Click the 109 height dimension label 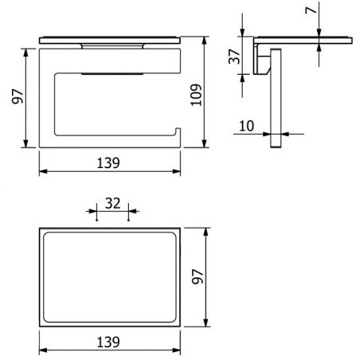coord(197,95)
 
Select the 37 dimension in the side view coord(234,57)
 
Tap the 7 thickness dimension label coord(311,10)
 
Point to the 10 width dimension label coord(247,126)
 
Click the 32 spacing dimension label coord(113,203)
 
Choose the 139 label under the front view coord(108,162)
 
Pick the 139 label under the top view coord(108,342)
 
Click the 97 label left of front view coord(18,96)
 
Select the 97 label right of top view coord(198,276)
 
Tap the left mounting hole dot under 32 coord(96,220)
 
